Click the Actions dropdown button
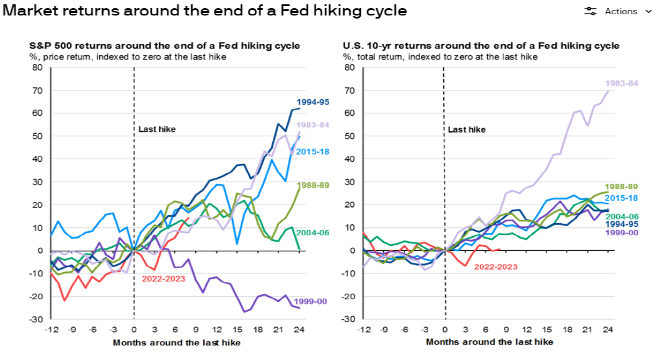point(619,11)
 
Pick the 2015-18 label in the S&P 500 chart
point(313,152)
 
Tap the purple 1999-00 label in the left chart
point(310,301)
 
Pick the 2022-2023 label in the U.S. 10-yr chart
point(495,267)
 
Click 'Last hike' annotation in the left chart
point(157,129)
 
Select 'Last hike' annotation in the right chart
point(467,130)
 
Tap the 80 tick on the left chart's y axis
point(37,68)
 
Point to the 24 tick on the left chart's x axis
point(299,330)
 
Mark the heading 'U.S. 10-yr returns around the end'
point(481,46)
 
